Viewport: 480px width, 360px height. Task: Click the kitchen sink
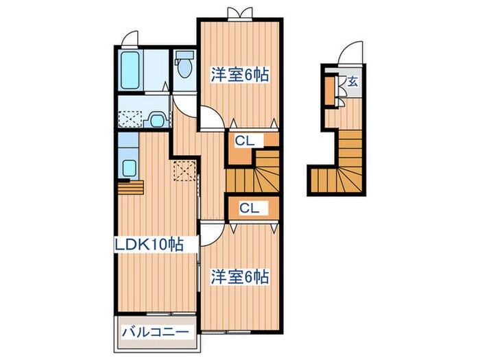tap(128, 167)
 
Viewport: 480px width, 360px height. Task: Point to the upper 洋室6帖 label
tap(238, 75)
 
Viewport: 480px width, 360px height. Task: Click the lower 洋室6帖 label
tap(239, 277)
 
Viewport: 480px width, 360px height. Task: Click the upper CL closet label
tap(243, 142)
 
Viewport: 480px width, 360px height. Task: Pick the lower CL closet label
tap(249, 208)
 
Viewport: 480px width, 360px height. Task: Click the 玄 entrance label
tap(352, 82)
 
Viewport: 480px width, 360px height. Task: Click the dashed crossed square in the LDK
tap(183, 170)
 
